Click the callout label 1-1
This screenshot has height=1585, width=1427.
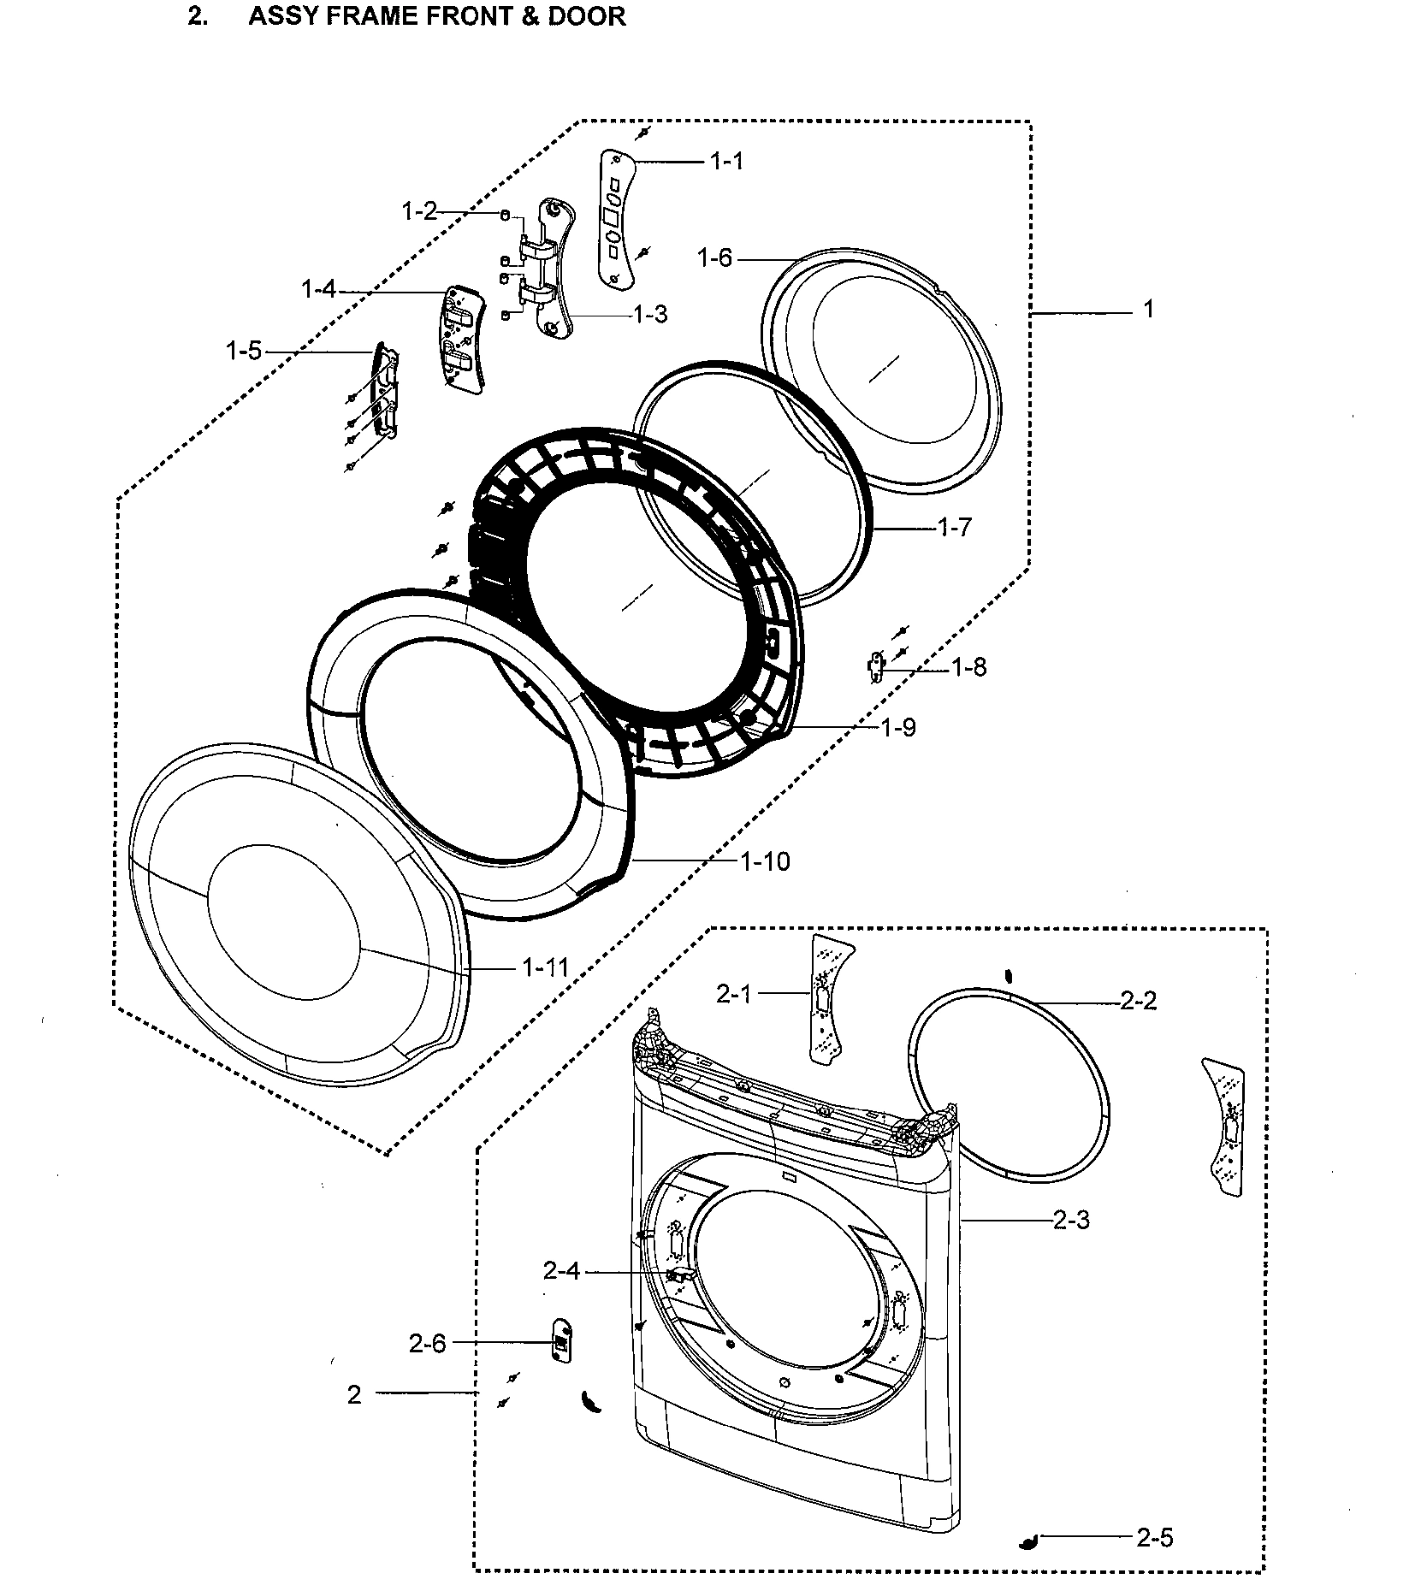[x=726, y=161]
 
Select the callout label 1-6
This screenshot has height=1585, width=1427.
[x=714, y=257]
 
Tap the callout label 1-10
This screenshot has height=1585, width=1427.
[x=765, y=861]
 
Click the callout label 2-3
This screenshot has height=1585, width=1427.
[x=1071, y=1220]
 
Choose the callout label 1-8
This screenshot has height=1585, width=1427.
[x=969, y=667]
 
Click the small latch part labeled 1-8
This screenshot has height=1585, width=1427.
[x=874, y=666]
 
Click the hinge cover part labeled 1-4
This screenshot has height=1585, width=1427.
[x=460, y=339]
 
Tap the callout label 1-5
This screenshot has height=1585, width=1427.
[x=243, y=351]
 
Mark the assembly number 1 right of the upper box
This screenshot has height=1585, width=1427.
[x=1148, y=310]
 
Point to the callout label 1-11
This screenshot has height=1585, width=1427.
[x=545, y=967]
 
